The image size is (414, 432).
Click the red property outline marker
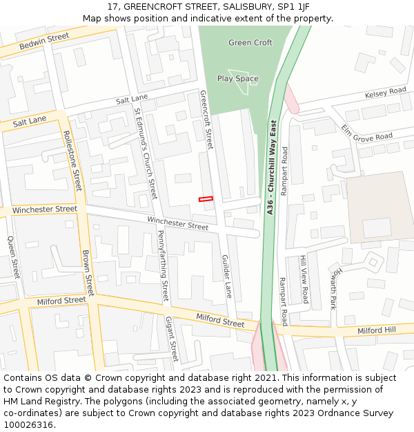pos(206,199)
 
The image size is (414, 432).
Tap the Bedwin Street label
pos(44,41)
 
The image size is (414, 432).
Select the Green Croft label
pos(250,43)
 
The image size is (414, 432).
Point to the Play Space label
pos(238,79)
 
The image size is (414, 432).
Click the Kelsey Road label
pos(386,92)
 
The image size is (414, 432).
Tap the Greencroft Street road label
pos(206,119)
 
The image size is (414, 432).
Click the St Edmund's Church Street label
pos(146,153)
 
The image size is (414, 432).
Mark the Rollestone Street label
pos(72,161)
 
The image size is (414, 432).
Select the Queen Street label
pos(13,257)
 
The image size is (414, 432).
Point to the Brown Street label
pos(88,272)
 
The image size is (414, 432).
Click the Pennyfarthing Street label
pos(163,266)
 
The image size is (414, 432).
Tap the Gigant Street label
pos(171,339)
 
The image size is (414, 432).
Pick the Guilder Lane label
pos(226,276)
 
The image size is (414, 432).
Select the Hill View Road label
pos(304,279)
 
